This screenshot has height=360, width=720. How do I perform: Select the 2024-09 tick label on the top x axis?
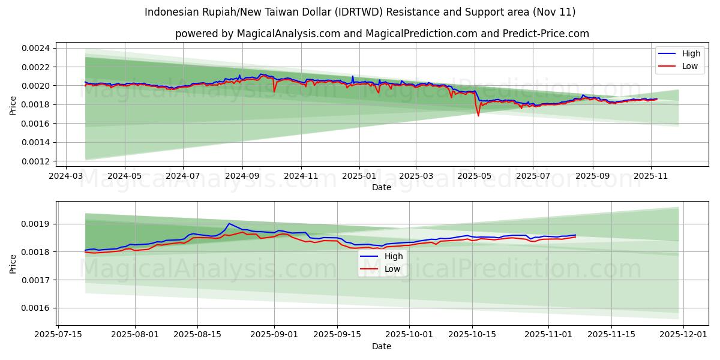(x=242, y=176)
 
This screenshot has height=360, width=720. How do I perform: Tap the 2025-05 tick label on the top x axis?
(x=475, y=176)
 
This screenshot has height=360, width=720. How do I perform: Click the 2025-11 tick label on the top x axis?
(x=651, y=176)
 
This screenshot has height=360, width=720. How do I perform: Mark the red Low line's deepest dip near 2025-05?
(x=478, y=115)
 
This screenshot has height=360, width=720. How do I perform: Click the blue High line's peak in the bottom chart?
(x=229, y=223)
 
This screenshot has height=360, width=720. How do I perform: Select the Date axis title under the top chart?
(x=382, y=187)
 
